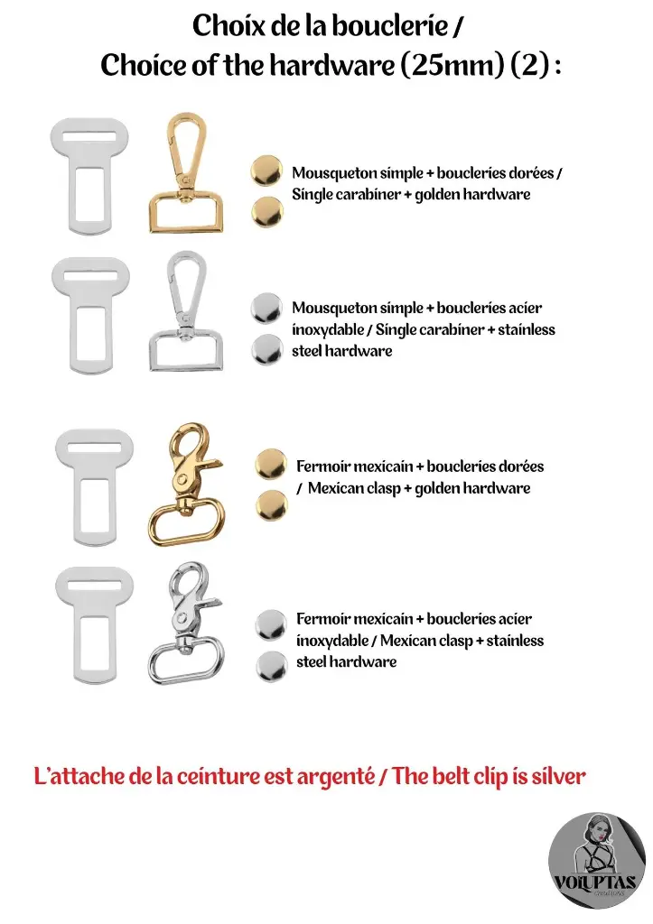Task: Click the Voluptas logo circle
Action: [x=597, y=861]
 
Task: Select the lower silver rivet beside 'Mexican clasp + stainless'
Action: [x=269, y=666]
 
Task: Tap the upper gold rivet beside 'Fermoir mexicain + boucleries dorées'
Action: [x=269, y=463]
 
